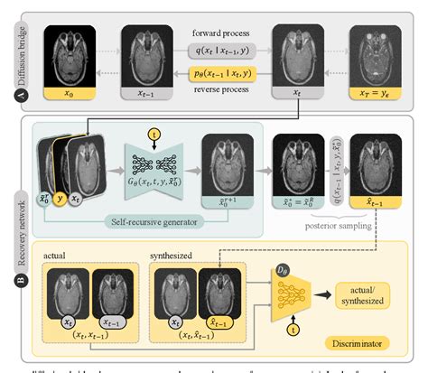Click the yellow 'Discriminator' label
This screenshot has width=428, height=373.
363,343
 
